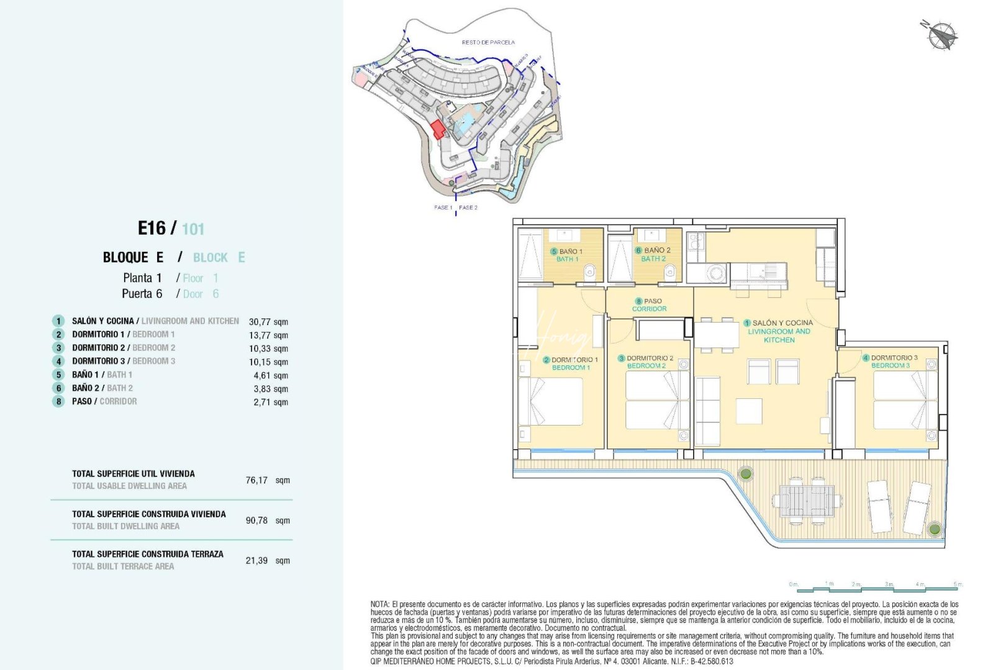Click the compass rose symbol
(x=942, y=35)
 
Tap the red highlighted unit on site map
(x=438, y=129)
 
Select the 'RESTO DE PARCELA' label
(x=488, y=42)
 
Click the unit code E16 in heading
(x=152, y=228)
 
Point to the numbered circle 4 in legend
(x=58, y=361)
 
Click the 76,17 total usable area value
(x=256, y=480)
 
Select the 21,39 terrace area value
(x=256, y=560)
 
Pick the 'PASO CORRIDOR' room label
(x=649, y=305)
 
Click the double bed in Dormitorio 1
(x=551, y=402)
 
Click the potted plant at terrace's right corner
(x=935, y=529)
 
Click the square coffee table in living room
(x=749, y=411)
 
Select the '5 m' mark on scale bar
(x=958, y=584)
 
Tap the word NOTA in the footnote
(x=379, y=604)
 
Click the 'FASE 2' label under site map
(x=468, y=207)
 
